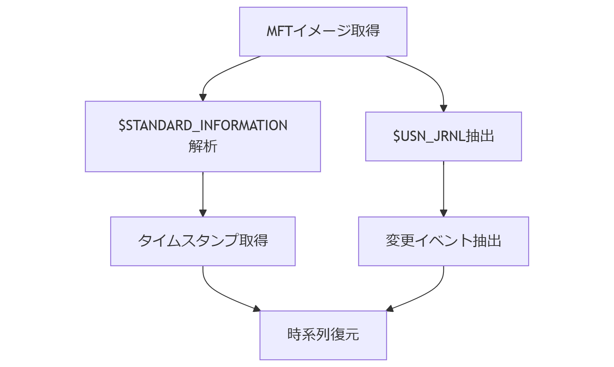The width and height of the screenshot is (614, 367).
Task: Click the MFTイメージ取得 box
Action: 323,31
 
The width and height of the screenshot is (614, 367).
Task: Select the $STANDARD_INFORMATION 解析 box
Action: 203,136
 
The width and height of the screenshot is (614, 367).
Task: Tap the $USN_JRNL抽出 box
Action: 443,136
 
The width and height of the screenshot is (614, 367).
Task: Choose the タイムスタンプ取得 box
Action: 203,241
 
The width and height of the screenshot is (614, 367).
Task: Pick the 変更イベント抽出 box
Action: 443,241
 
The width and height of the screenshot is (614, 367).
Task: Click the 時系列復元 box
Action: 323,335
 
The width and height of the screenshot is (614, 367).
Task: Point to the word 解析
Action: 203,146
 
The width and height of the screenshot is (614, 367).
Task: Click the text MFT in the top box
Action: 279,31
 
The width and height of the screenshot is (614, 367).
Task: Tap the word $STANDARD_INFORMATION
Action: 203,126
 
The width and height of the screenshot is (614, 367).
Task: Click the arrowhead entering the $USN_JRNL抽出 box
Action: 443,108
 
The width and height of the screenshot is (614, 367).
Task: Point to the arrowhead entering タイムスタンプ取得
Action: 203,213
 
